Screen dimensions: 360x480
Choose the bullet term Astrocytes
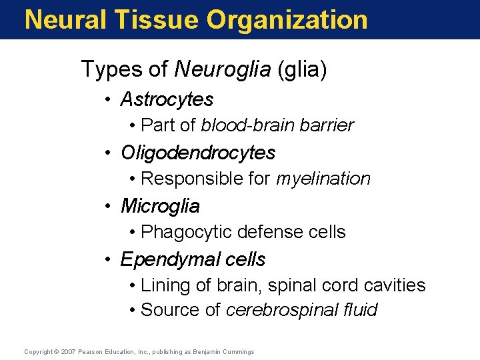click(x=167, y=99)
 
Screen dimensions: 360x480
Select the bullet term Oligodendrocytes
click(x=198, y=153)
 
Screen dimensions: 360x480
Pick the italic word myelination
click(x=323, y=179)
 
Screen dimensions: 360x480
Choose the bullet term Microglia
click(x=160, y=206)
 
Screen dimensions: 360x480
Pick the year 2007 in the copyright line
click(x=69, y=351)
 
